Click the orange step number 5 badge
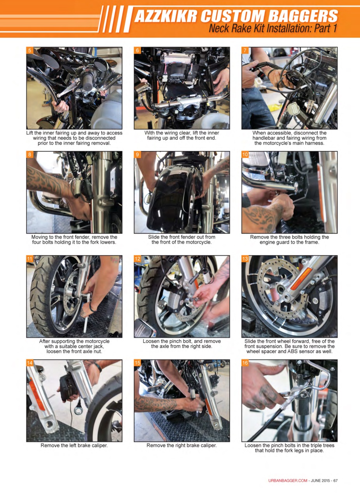(x=30, y=51)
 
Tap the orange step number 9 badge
(x=138, y=154)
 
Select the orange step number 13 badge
(x=245, y=259)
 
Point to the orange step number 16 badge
(x=245, y=363)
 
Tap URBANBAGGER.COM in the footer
(x=288, y=480)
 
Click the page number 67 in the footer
(x=335, y=480)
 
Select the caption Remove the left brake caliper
(x=74, y=445)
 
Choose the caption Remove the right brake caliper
(x=182, y=445)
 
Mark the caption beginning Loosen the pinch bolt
(x=182, y=344)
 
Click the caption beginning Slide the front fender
(x=182, y=240)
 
